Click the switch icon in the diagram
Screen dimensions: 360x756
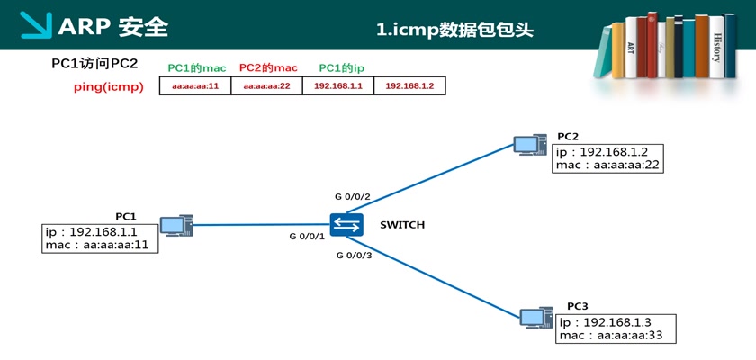click(346, 225)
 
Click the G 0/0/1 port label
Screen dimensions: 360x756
click(306, 237)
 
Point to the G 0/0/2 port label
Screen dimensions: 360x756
click(354, 195)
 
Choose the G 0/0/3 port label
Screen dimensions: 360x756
click(354, 256)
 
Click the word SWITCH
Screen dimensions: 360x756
click(401, 225)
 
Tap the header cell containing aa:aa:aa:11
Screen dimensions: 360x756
click(195, 86)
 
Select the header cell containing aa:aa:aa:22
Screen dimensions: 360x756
click(267, 86)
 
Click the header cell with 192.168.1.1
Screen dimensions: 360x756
click(338, 86)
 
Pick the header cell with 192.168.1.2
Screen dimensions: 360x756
click(409, 86)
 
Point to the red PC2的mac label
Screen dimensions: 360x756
click(267, 67)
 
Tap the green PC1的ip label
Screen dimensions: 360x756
click(341, 67)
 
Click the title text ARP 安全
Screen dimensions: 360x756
click(112, 27)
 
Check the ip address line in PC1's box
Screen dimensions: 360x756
click(97, 232)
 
